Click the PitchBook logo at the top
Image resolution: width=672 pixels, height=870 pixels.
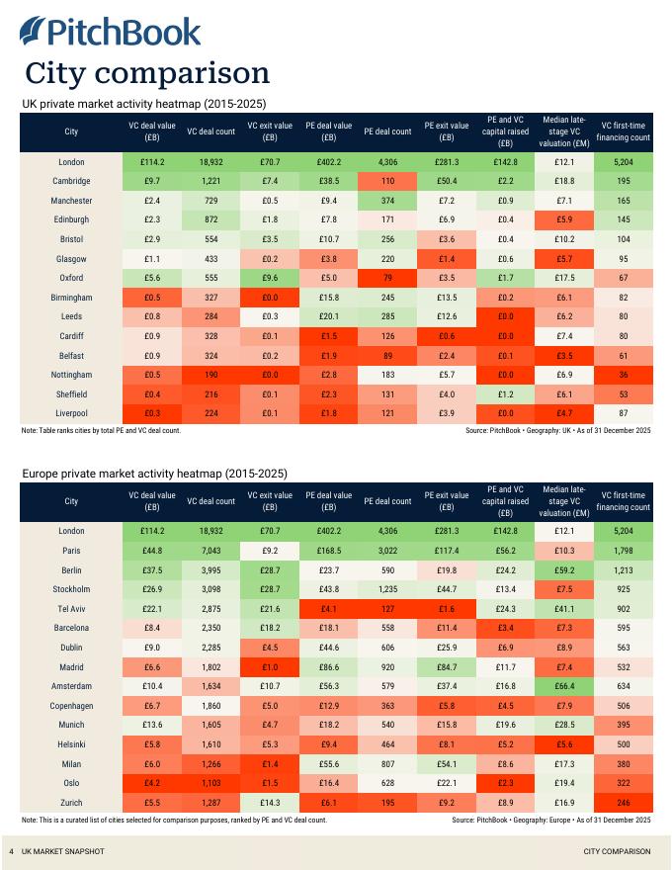pyautogui.click(x=111, y=32)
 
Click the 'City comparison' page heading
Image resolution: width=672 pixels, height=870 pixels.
pyautogui.click(x=147, y=72)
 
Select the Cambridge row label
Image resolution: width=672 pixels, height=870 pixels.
pyautogui.click(x=71, y=181)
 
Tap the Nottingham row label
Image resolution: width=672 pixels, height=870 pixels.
pyautogui.click(x=71, y=375)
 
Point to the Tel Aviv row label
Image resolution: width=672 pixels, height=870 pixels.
pyautogui.click(x=71, y=608)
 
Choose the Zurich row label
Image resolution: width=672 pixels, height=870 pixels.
pyautogui.click(x=71, y=802)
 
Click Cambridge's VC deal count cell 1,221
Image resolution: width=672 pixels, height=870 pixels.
pyautogui.click(x=210, y=181)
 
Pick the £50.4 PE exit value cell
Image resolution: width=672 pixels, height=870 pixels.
pyautogui.click(x=447, y=181)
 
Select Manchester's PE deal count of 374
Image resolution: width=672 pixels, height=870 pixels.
pyautogui.click(x=387, y=201)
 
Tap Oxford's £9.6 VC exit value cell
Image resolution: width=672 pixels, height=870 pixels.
pyautogui.click(x=270, y=278)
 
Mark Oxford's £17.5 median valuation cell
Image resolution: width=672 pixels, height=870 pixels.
pyautogui.click(x=564, y=278)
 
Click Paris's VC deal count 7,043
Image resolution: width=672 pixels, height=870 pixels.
pyautogui.click(x=210, y=551)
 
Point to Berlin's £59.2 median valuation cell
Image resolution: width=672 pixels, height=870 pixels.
pyautogui.click(x=564, y=569)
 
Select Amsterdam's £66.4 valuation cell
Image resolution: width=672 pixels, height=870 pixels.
pyautogui.click(x=564, y=686)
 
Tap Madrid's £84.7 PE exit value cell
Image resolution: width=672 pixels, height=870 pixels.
pyautogui.click(x=447, y=666)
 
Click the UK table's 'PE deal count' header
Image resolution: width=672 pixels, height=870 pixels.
pyautogui.click(x=387, y=131)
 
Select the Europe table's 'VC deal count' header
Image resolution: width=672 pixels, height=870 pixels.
pyautogui.click(x=210, y=501)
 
